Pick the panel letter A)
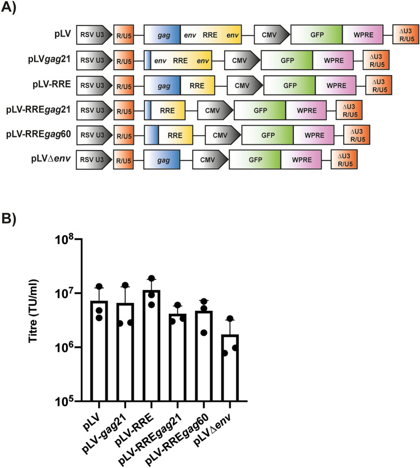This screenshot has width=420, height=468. [13, 11]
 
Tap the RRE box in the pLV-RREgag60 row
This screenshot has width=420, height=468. [176, 135]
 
